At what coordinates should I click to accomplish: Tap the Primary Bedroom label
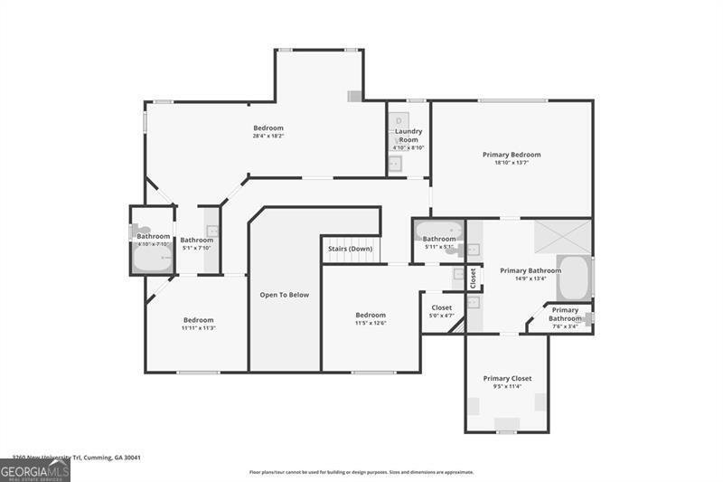point(512,155)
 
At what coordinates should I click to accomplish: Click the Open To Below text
point(285,295)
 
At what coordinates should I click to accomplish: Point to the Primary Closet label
point(507,378)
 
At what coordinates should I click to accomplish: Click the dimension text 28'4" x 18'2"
point(268,137)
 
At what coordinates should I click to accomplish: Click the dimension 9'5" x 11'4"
point(507,387)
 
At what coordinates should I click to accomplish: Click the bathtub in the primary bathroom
point(573,279)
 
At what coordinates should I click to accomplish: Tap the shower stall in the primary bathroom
point(562,236)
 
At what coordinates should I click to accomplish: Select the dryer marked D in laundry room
point(399,120)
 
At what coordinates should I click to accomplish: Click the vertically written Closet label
point(474,279)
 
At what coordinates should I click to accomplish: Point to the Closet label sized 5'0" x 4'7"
point(442,307)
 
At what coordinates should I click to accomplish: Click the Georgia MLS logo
point(35,470)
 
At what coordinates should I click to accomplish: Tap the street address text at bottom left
point(76,458)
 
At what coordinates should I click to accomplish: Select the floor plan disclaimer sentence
point(361,472)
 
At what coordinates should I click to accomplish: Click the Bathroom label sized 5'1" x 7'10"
point(197,241)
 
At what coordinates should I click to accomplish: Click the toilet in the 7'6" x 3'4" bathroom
point(587,317)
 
